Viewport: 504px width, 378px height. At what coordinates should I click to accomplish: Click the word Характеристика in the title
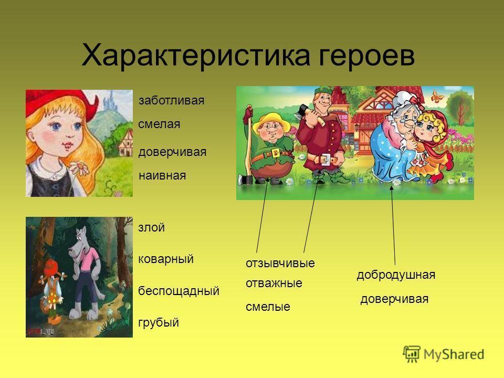pos(196,55)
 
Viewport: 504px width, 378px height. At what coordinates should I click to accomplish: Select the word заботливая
pos(171,100)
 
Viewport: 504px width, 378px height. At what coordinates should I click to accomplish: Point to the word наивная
pos(162,175)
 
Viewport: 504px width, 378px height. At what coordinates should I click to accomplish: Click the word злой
pos(151,227)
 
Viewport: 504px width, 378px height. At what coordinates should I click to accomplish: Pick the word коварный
pos(166,259)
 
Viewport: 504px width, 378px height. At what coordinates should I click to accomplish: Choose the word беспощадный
pos(178,291)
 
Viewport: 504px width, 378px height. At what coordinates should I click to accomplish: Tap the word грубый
pos(159,322)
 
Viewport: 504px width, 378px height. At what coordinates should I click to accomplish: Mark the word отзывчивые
pos(280,263)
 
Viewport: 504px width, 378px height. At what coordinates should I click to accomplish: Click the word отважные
pos(274,283)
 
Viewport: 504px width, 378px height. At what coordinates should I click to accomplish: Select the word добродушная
pos(396,275)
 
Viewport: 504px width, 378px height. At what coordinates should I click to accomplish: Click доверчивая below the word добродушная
pos(394,299)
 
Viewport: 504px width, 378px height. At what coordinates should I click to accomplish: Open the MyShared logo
pos(444,354)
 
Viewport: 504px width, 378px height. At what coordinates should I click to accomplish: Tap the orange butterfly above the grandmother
pos(436,96)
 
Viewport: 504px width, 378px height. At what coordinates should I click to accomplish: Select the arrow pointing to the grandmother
pos(393,225)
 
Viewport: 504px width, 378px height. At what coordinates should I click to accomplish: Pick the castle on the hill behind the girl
pos(111,98)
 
